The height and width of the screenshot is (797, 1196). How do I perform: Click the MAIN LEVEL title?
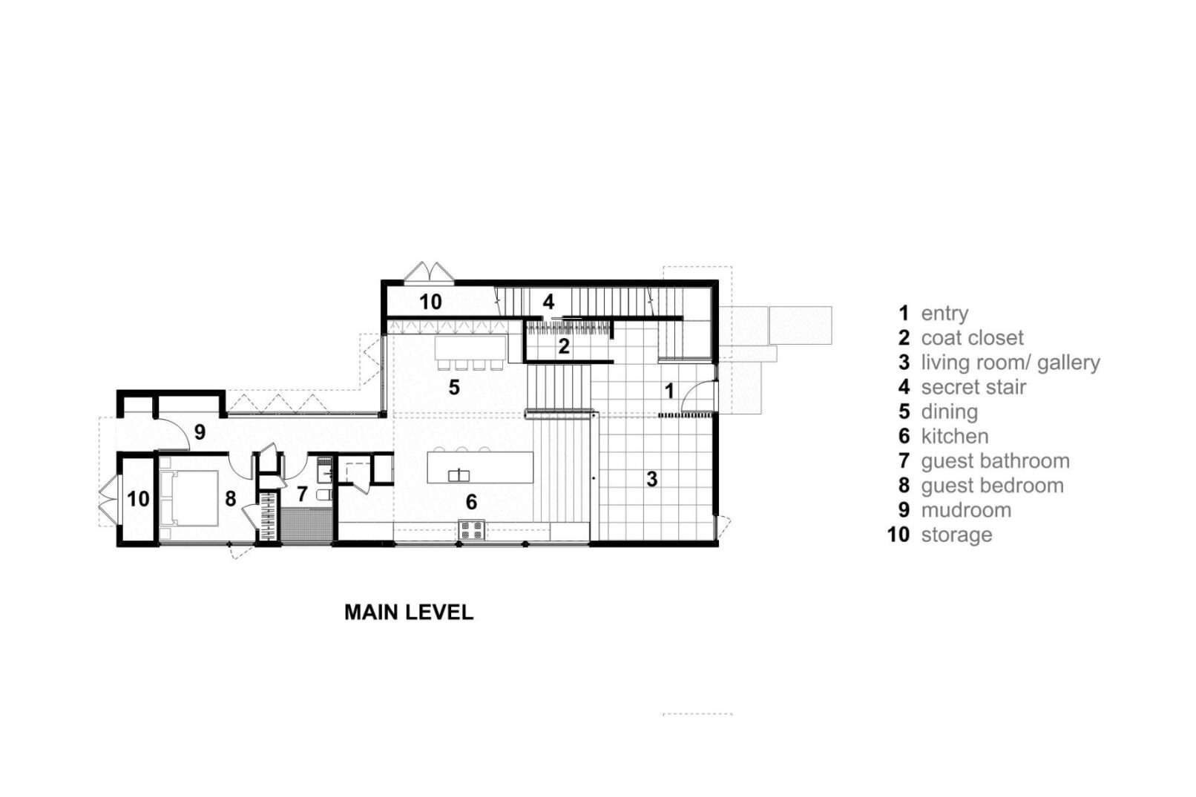tap(409, 612)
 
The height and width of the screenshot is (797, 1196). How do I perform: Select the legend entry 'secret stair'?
tap(973, 387)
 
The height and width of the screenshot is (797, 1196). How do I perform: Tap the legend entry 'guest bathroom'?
tap(995, 461)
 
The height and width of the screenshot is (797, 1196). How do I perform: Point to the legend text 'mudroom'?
tap(966, 511)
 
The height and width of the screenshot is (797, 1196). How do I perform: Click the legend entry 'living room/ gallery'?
tap(1011, 363)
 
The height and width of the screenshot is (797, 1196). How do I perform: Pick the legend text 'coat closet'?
tap(972, 337)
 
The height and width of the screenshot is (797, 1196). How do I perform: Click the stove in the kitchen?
tap(471, 530)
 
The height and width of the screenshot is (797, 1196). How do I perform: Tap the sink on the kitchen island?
tap(459, 474)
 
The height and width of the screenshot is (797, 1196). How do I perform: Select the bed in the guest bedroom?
tap(189, 497)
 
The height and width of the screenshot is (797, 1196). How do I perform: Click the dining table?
tap(470, 348)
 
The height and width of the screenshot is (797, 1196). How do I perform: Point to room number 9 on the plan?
tap(200, 432)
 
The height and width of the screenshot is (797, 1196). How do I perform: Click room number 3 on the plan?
tap(652, 479)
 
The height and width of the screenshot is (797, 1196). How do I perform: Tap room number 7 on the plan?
tap(302, 494)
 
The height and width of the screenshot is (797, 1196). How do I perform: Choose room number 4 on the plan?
tap(548, 302)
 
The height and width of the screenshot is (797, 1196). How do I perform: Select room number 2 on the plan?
tap(564, 347)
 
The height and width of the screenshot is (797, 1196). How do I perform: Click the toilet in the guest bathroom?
tap(324, 495)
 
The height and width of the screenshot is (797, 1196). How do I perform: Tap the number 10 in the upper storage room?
tap(430, 302)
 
